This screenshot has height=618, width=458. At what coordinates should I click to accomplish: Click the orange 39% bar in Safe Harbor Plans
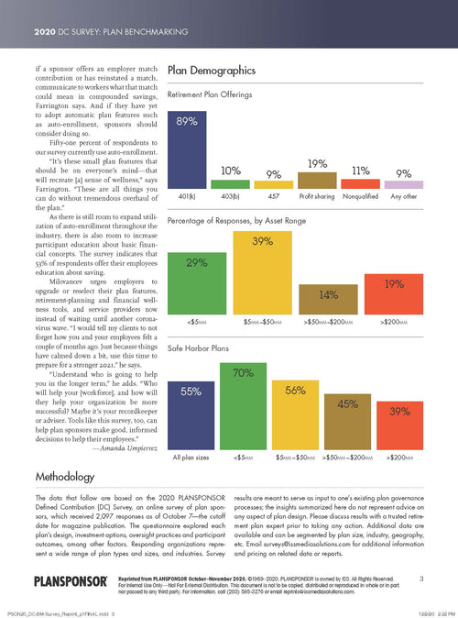pyautogui.click(x=399, y=432)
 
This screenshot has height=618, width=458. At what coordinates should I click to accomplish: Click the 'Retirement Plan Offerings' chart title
pyautogui.click(x=219, y=94)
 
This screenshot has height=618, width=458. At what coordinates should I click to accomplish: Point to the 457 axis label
pyautogui.click(x=274, y=196)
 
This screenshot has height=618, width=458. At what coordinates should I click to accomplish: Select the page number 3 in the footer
pyautogui.click(x=420, y=578)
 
